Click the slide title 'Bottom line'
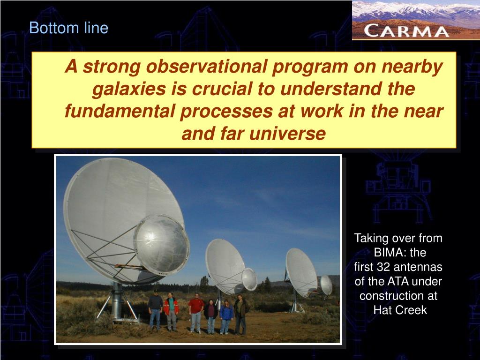[x=68, y=28]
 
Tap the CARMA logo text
[x=406, y=31]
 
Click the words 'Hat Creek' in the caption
[x=400, y=310]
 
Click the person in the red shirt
[x=196, y=313]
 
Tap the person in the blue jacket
[x=226, y=316]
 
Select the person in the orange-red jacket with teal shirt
[x=172, y=312]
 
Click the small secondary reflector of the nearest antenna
[x=161, y=245]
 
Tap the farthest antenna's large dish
[x=301, y=272]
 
